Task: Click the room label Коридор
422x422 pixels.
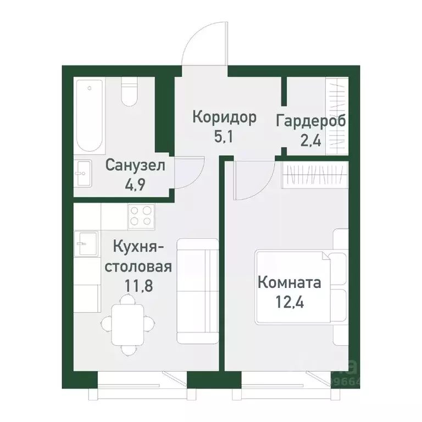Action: click(x=224, y=118)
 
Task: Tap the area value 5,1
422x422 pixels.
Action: click(x=224, y=135)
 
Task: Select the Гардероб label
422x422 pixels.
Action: click(x=312, y=120)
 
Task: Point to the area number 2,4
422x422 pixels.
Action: click(x=312, y=138)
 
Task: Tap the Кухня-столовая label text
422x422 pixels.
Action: click(x=139, y=257)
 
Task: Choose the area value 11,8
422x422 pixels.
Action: click(x=138, y=286)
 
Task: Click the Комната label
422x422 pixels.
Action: click(x=289, y=284)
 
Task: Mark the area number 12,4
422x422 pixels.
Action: click(x=289, y=302)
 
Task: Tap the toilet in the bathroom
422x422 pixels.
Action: click(x=129, y=93)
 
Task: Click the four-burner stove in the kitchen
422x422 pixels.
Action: click(x=141, y=216)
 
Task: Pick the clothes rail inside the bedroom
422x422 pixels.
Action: click(x=315, y=175)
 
